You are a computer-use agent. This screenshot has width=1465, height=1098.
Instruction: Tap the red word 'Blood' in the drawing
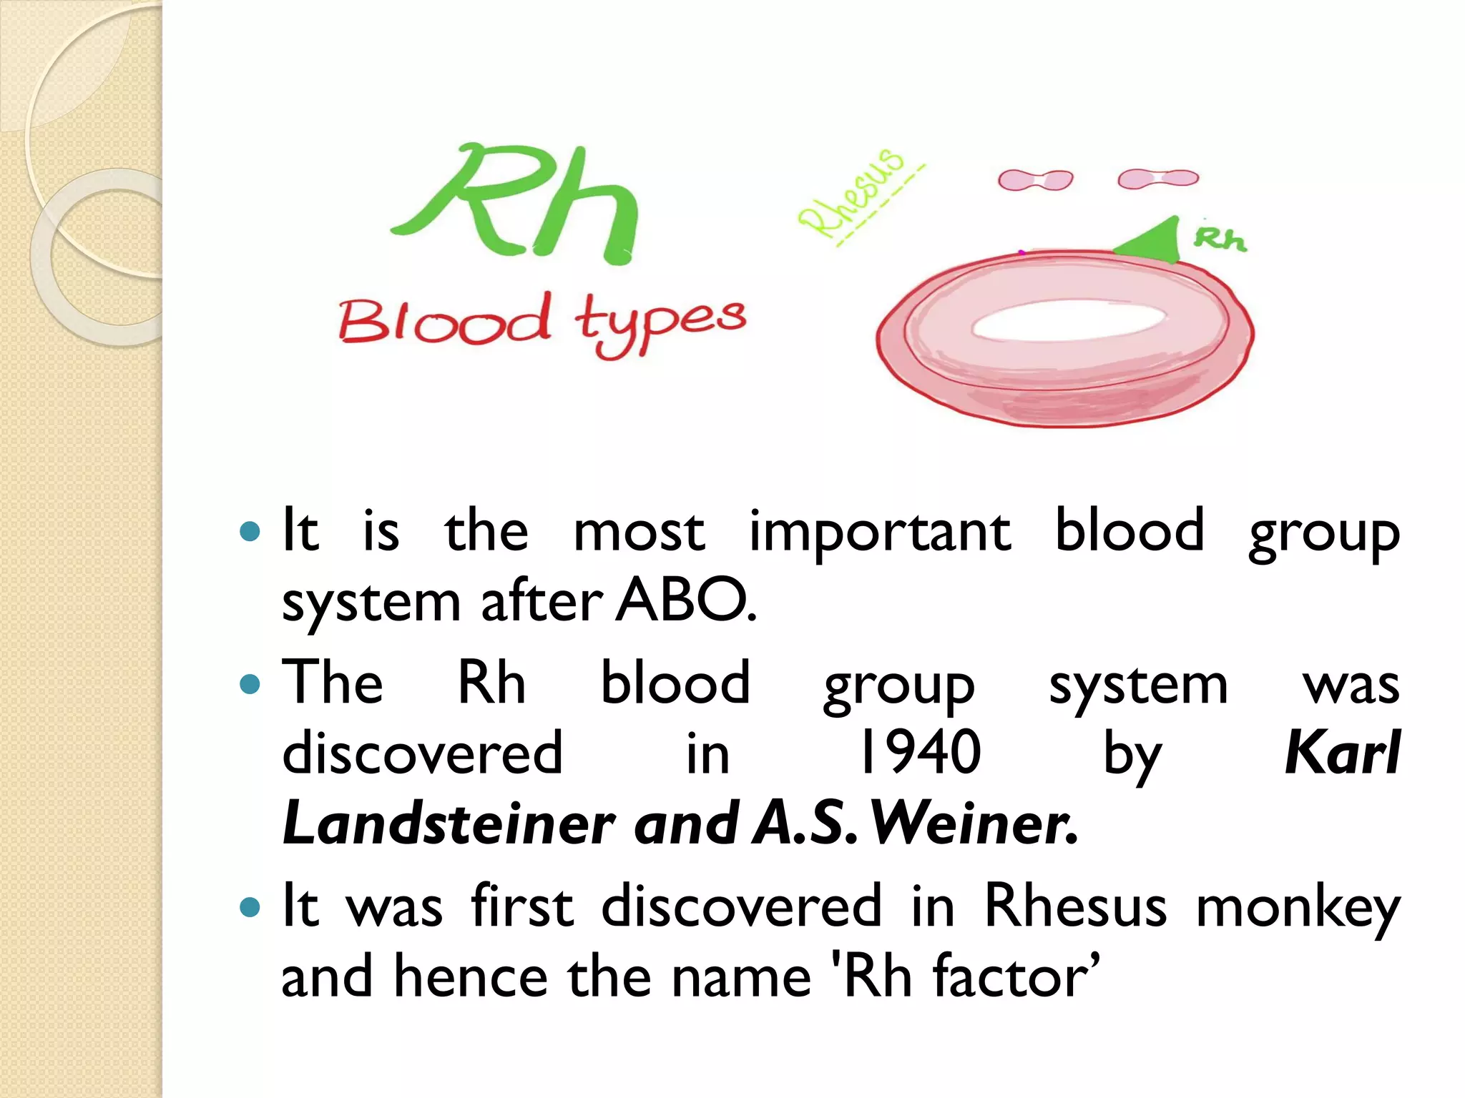444,322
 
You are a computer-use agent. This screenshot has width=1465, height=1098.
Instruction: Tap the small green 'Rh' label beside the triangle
1220,239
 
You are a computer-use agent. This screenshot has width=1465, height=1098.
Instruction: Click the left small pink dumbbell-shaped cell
1035,180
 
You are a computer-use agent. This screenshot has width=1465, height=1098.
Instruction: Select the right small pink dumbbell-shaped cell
1157,178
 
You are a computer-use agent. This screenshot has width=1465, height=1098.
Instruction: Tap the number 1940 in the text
921,753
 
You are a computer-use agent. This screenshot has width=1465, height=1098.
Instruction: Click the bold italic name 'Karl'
1342,753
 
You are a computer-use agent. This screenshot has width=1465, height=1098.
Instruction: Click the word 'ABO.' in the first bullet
685,600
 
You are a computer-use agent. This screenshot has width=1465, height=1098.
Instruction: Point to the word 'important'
880,533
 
